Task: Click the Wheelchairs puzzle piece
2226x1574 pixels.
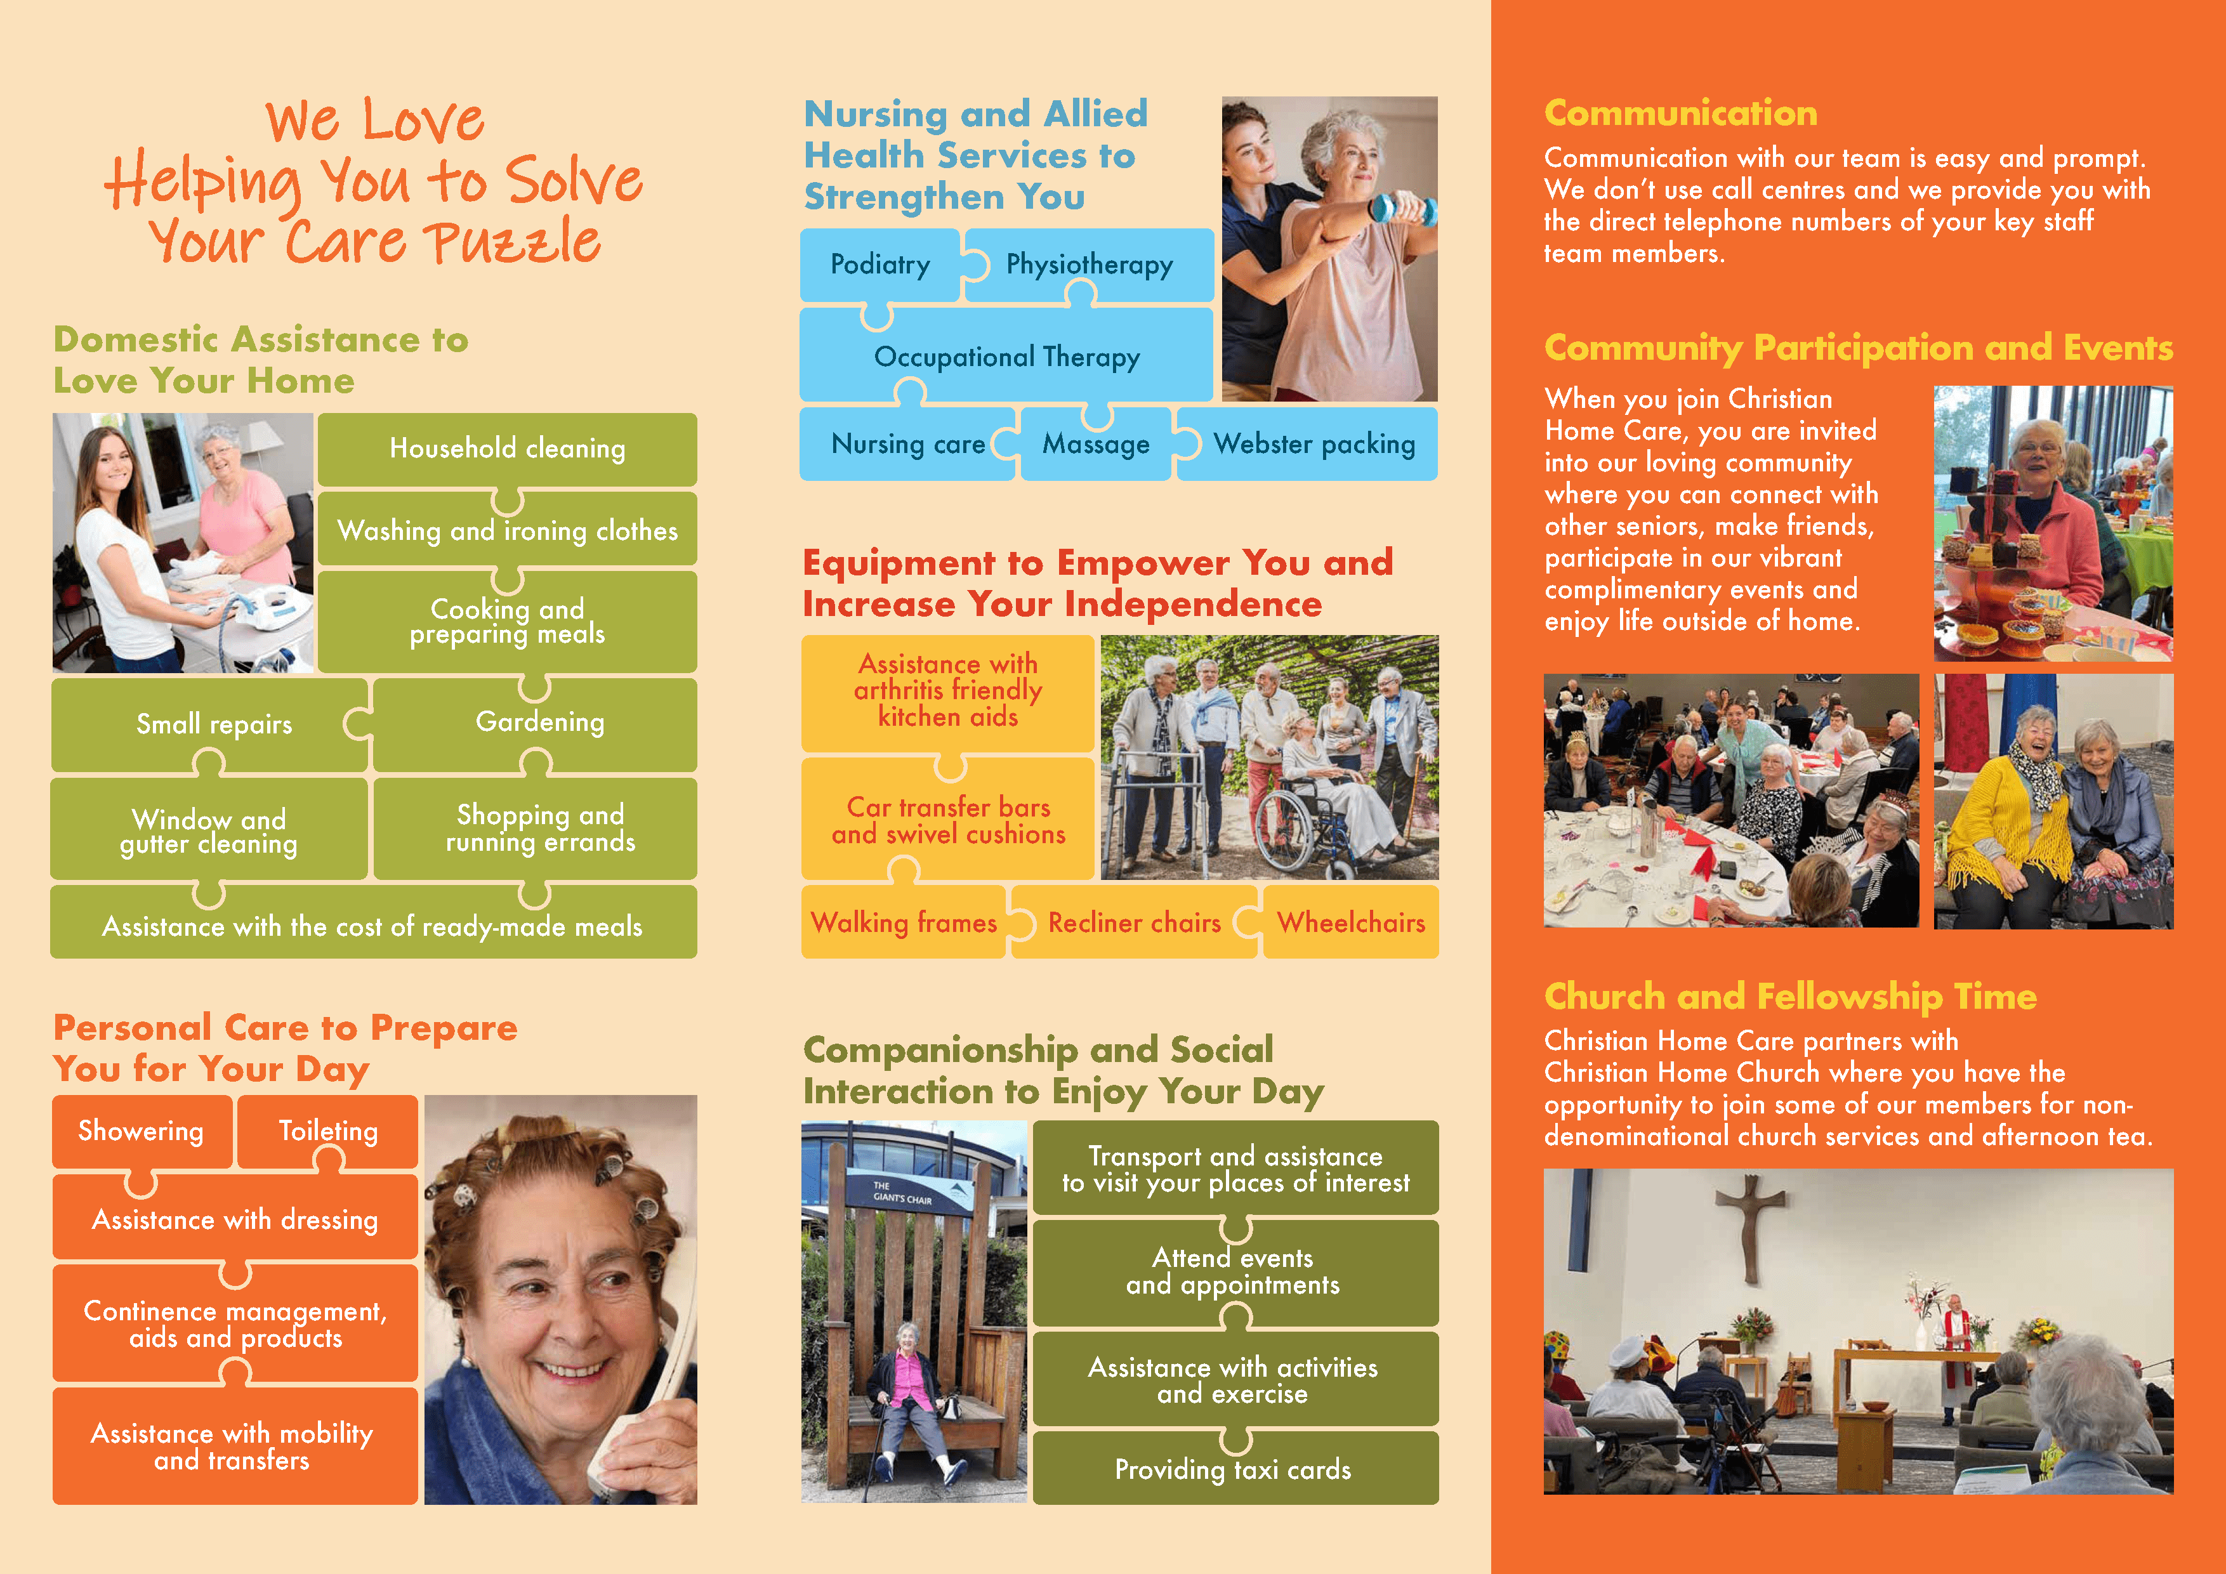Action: click(x=1350, y=922)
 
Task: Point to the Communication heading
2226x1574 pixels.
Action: click(x=1680, y=114)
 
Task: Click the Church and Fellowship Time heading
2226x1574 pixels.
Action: click(x=1789, y=996)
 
